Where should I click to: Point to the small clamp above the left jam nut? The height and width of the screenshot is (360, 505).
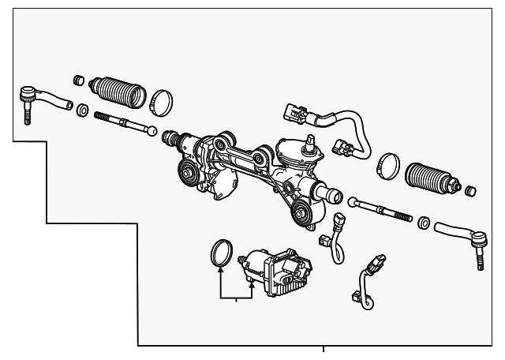[x=78, y=81]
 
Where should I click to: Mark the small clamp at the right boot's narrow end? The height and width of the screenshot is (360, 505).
[x=471, y=190]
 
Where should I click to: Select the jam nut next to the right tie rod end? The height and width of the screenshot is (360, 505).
[x=423, y=225]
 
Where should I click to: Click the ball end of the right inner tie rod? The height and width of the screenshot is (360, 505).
[x=353, y=202]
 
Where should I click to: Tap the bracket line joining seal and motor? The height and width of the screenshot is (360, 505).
[x=236, y=298]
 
